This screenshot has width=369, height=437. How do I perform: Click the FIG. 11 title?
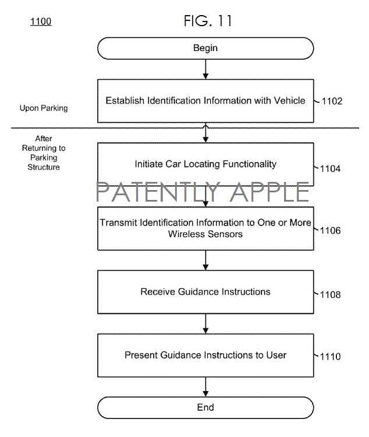pyautogui.click(x=208, y=20)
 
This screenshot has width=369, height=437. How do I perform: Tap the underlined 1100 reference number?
pyautogui.click(x=40, y=22)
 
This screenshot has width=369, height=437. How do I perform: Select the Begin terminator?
pyautogui.click(x=205, y=48)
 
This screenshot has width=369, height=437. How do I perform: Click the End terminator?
pyautogui.click(x=205, y=407)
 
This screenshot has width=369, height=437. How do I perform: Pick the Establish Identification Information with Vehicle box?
pyautogui.click(x=205, y=101)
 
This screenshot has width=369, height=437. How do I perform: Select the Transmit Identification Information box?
pyautogui.click(x=205, y=228)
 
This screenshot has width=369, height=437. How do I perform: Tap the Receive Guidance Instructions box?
pyautogui.click(x=205, y=292)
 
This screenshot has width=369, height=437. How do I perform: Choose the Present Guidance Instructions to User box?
pyautogui.click(x=205, y=355)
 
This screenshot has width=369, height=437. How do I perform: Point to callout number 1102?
pyautogui.click(x=331, y=101)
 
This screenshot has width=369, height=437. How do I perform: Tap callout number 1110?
pyautogui.click(x=330, y=356)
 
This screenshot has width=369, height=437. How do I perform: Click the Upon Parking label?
pyautogui.click(x=44, y=108)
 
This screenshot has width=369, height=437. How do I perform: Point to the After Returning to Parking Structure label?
pyautogui.click(x=44, y=153)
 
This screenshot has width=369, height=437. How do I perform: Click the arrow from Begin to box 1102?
pyautogui.click(x=205, y=69)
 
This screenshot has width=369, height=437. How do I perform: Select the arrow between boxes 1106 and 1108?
pyautogui.click(x=205, y=260)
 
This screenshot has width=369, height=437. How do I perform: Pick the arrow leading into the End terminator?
pyautogui.click(x=205, y=386)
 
